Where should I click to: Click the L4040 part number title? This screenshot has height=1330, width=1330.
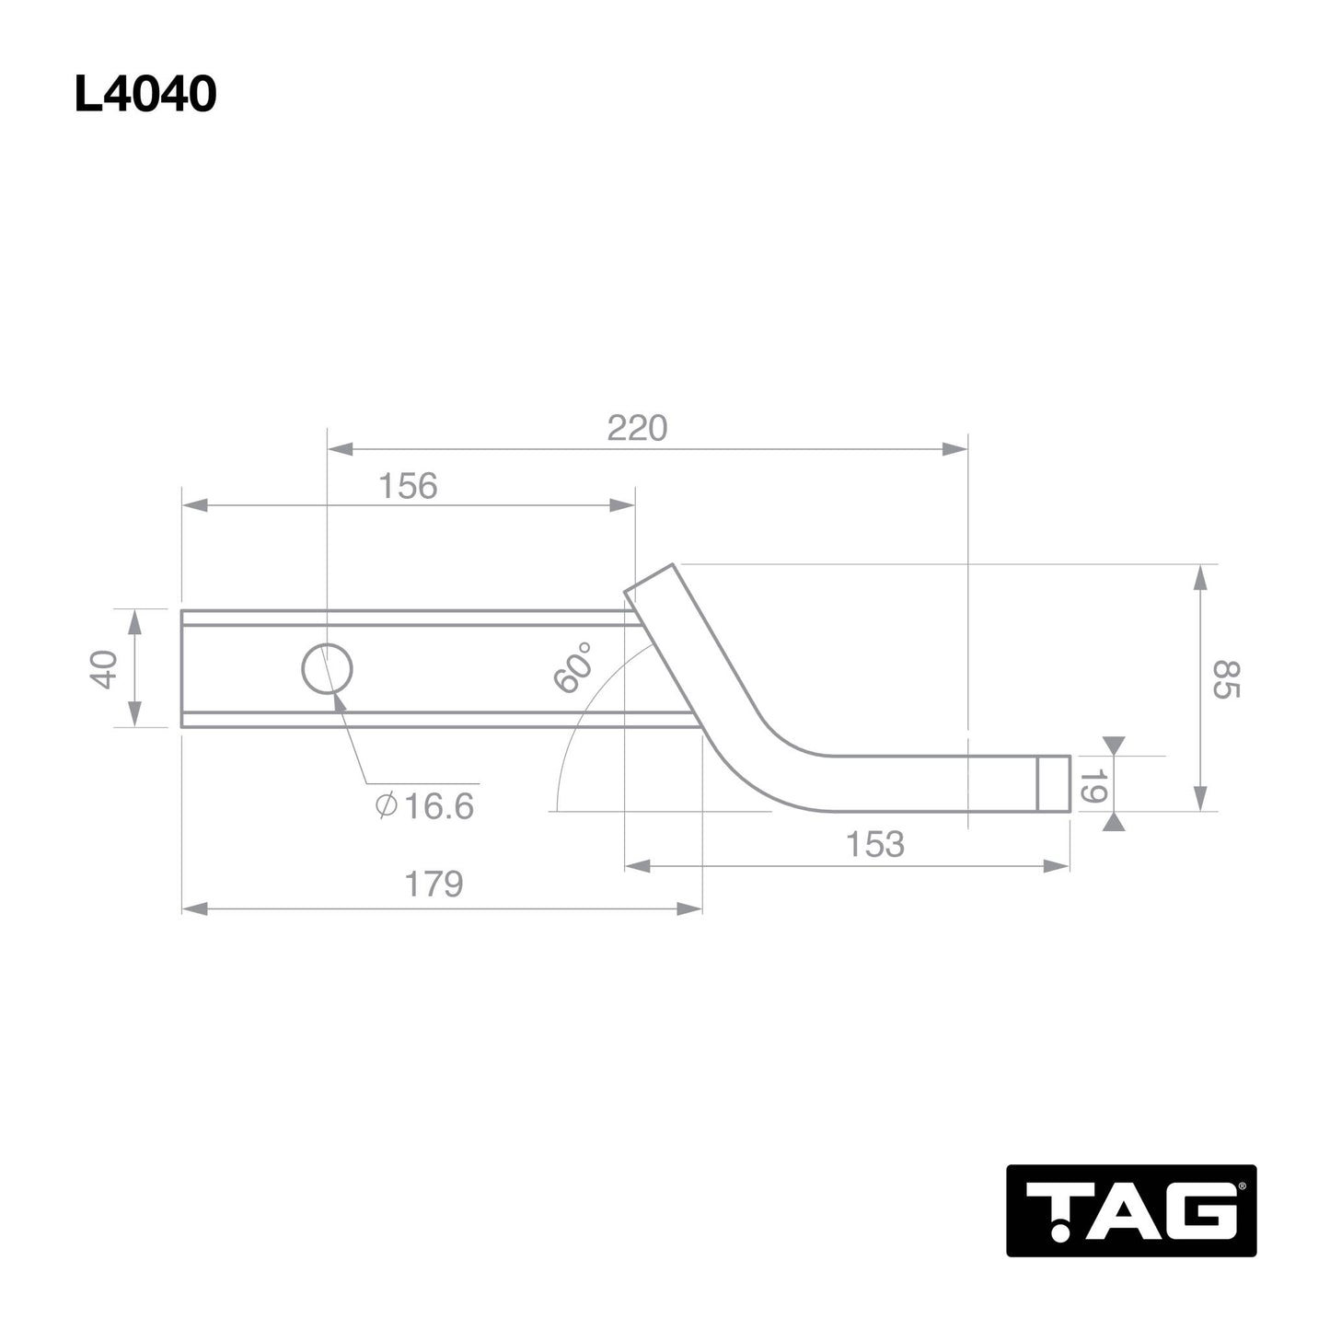[145, 94]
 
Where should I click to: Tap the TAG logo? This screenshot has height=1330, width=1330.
[1130, 1210]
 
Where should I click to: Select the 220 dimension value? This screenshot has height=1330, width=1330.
[637, 429]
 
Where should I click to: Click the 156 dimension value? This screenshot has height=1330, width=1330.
[408, 486]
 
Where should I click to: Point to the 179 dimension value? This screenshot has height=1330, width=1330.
[434, 885]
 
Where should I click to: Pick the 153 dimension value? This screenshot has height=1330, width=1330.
[874, 844]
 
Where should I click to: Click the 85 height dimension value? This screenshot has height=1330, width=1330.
[1226, 679]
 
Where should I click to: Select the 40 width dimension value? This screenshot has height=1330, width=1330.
[104, 668]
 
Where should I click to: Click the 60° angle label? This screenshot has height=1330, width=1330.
[572, 667]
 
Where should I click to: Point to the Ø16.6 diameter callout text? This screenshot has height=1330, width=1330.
[424, 806]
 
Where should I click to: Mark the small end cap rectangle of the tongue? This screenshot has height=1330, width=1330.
[1054, 783]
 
